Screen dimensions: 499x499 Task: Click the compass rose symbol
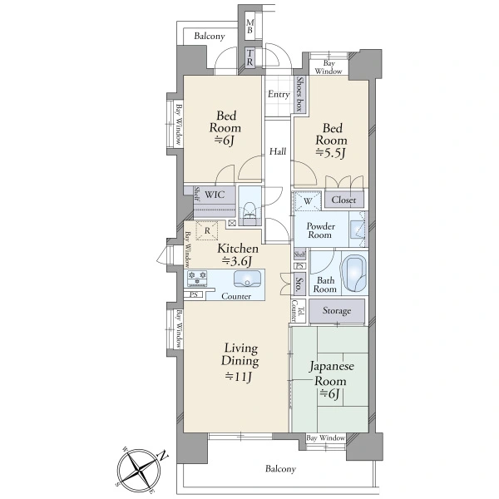pyautogui.click(x=139, y=469)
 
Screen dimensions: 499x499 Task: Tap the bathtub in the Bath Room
pyautogui.click(x=354, y=274)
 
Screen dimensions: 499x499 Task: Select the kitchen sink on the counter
pyautogui.click(x=248, y=279)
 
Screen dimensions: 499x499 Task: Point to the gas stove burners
pyautogui.click(x=197, y=278)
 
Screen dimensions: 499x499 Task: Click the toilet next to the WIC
pyautogui.click(x=249, y=212)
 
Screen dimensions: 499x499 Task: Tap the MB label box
pyautogui.click(x=250, y=27)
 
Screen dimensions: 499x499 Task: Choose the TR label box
pyautogui.click(x=250, y=57)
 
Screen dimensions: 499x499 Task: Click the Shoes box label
pyautogui.click(x=299, y=94)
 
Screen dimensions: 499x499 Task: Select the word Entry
pyautogui.click(x=279, y=94)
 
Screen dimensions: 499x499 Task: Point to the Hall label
pyautogui.click(x=278, y=151)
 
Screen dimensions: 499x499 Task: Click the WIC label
pyautogui.click(x=215, y=195)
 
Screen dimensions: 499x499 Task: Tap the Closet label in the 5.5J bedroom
pyautogui.click(x=343, y=200)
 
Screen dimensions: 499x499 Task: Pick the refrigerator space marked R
pyautogui.click(x=207, y=230)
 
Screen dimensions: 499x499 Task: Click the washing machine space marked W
pyautogui.click(x=308, y=200)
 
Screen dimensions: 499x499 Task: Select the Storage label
pyautogui.click(x=337, y=310)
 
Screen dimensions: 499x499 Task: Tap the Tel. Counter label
pyautogui.click(x=299, y=310)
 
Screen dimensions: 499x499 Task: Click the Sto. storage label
pyautogui.click(x=299, y=284)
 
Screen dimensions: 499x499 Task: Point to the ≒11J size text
pyautogui.click(x=239, y=377)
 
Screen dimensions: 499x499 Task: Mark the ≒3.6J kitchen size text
pyautogui.click(x=238, y=261)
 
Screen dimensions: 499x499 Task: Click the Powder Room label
pyautogui.click(x=320, y=230)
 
